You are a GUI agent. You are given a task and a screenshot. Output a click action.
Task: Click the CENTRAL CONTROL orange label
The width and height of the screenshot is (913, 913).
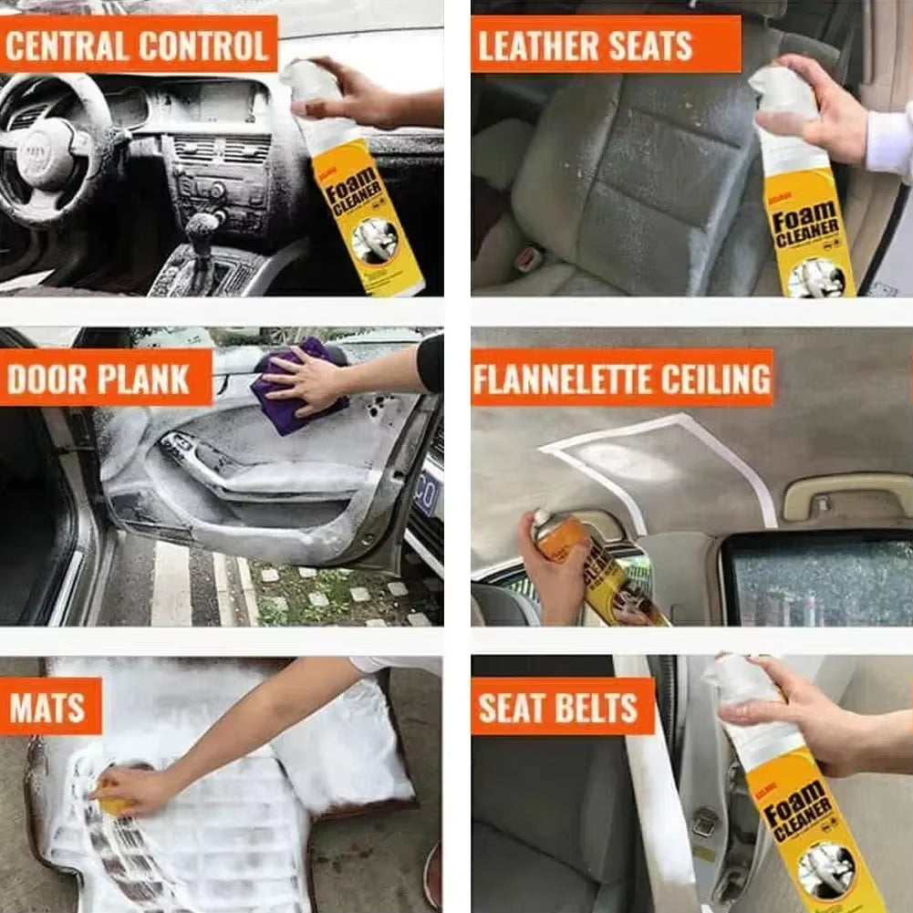click(x=138, y=44)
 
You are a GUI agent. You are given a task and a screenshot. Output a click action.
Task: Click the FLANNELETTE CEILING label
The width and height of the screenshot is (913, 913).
click(x=622, y=378)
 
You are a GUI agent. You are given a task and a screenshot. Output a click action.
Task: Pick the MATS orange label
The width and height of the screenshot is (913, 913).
click(x=50, y=706)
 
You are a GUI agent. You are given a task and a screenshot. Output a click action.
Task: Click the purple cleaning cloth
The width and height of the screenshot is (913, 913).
click(x=296, y=388)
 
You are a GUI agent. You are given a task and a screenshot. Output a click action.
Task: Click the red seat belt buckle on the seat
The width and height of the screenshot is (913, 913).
click(x=527, y=259)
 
